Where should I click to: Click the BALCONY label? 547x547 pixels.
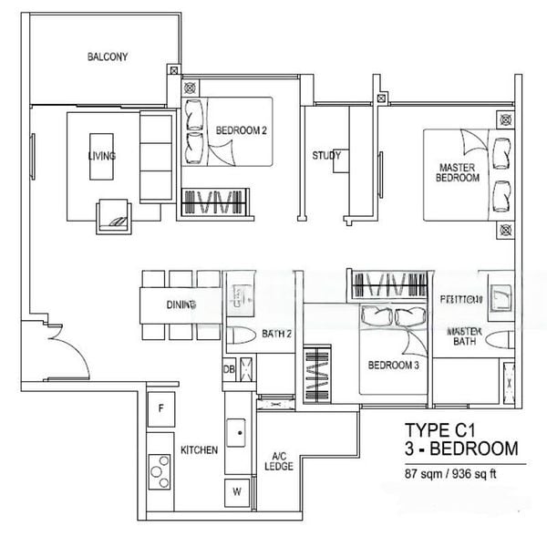108,57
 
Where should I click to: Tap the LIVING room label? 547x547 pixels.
101,156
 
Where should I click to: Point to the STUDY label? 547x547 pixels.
326,156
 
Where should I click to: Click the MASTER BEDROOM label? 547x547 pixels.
459,172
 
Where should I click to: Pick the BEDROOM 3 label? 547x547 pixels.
393,366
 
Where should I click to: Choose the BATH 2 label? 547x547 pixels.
276,335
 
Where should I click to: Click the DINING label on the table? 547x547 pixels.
181,305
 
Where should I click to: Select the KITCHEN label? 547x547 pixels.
198,450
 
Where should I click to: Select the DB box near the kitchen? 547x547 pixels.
228,369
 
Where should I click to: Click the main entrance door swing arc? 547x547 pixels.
57,347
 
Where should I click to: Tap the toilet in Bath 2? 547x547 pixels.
239,335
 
